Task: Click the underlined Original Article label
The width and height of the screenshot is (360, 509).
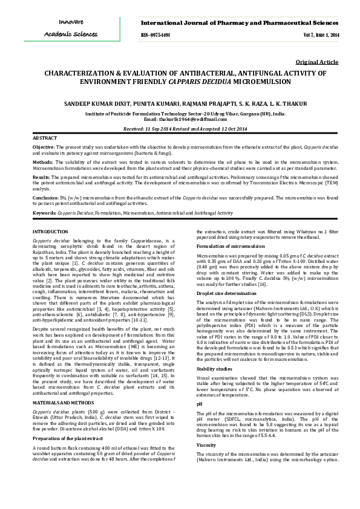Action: tap(317, 62)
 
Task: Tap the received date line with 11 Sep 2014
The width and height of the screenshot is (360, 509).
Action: tap(180, 129)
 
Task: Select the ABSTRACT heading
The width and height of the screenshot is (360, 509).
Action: tap(45, 138)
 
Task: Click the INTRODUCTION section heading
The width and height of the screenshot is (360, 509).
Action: tap(50, 232)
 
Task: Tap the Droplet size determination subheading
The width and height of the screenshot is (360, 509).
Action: tap(226, 292)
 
